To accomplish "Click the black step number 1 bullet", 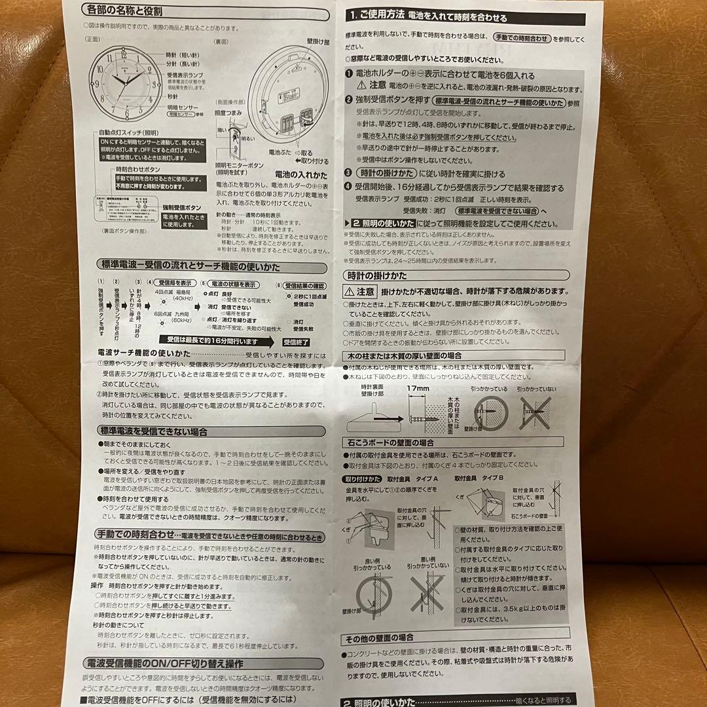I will click(350, 76).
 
